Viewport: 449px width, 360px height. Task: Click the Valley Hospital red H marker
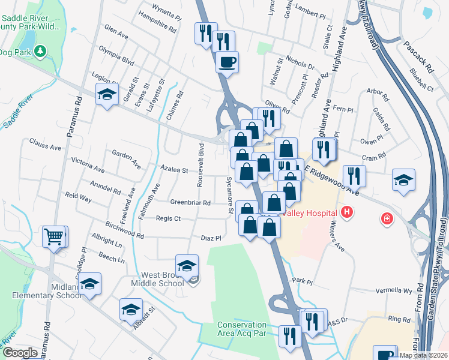click(x=346, y=212)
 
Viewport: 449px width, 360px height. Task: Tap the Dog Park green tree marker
click(x=41, y=52)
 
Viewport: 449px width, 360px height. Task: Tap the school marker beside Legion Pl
click(x=107, y=94)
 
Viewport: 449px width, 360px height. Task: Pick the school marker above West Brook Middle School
click(x=187, y=265)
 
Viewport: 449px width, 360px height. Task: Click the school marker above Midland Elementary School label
click(x=90, y=283)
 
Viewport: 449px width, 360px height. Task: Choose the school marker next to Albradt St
click(x=131, y=309)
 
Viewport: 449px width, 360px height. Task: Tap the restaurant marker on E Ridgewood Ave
click(x=355, y=176)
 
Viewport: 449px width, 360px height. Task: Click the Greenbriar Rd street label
click(x=190, y=203)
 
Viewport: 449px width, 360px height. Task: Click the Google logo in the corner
click(x=20, y=353)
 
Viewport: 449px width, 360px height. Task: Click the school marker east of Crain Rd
click(x=403, y=179)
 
